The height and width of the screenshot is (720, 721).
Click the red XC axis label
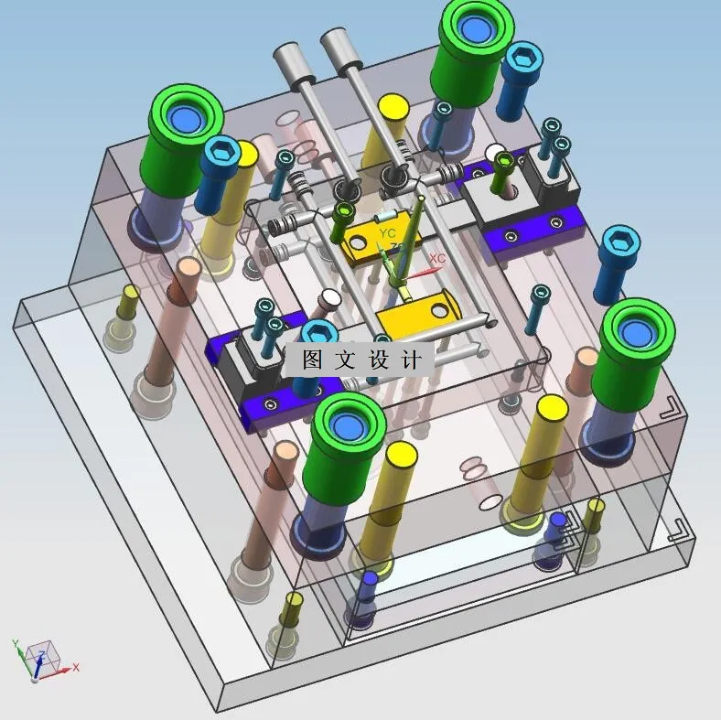[x=437, y=258]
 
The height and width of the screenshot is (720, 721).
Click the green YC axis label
[x=387, y=233]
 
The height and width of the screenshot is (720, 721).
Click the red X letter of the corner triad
[x=76, y=667]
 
